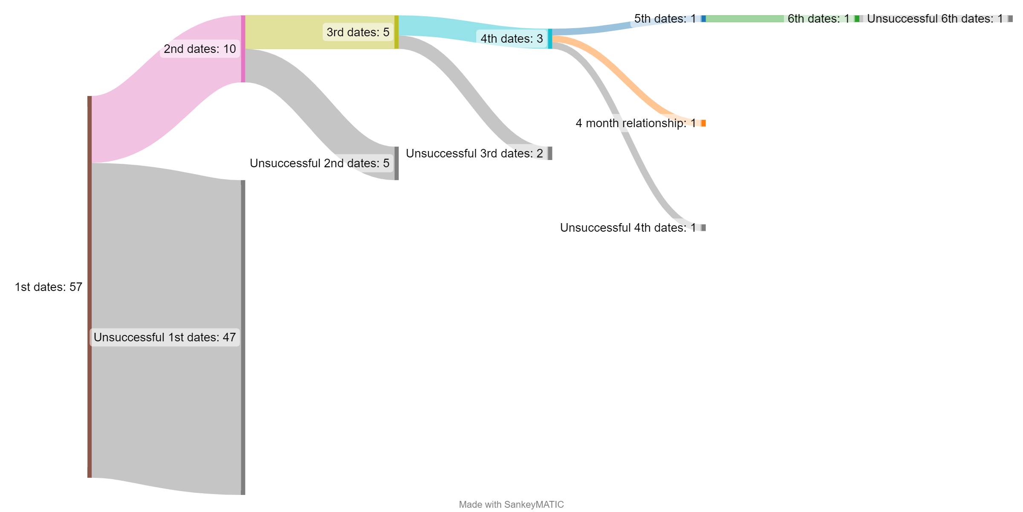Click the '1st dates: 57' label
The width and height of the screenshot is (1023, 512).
[x=49, y=287]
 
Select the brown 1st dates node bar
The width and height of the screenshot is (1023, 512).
[x=90, y=287]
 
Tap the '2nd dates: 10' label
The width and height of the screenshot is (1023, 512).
[x=199, y=49]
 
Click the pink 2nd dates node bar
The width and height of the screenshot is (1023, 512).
[x=243, y=49]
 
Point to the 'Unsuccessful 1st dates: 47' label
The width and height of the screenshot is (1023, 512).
[x=165, y=337]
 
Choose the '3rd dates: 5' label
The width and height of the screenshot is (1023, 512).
[x=358, y=32]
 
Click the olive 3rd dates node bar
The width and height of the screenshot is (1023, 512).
[x=396, y=32]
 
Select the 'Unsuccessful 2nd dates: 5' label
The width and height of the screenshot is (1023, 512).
[x=319, y=163]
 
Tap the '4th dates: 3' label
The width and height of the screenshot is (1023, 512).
[x=511, y=39]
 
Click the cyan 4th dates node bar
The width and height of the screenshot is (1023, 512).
[x=550, y=39]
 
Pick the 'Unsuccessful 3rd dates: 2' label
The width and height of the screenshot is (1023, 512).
[x=474, y=154]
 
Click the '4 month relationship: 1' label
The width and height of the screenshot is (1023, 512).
[x=636, y=123]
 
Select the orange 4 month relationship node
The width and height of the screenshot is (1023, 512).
[x=703, y=123]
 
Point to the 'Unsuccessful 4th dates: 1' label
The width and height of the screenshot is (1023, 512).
[x=628, y=228]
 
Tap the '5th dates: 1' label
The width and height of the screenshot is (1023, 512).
[x=665, y=19]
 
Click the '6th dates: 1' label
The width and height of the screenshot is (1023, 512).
[x=818, y=19]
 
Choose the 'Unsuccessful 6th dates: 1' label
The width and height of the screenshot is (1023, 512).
[x=935, y=19]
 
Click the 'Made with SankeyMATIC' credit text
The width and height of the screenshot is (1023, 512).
[x=511, y=505]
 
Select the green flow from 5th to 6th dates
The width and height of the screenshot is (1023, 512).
[x=744, y=19]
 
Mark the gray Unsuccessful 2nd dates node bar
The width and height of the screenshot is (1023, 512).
[x=396, y=163]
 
